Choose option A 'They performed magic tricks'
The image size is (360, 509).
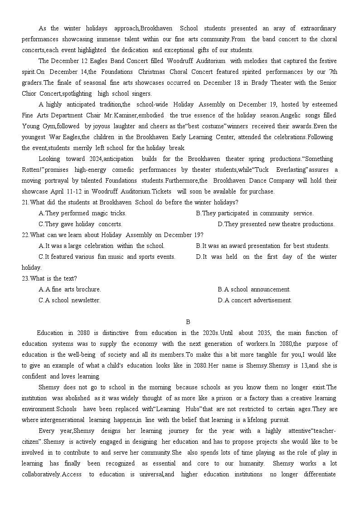[x=83, y=213]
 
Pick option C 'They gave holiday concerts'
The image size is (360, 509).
[x=80, y=224]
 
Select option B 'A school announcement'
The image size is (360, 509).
[x=254, y=289]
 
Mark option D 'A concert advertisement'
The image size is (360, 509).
[x=254, y=300]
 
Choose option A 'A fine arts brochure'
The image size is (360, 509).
[x=70, y=289]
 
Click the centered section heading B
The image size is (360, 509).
[x=188, y=322]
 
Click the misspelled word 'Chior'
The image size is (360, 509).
[x=29, y=93]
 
